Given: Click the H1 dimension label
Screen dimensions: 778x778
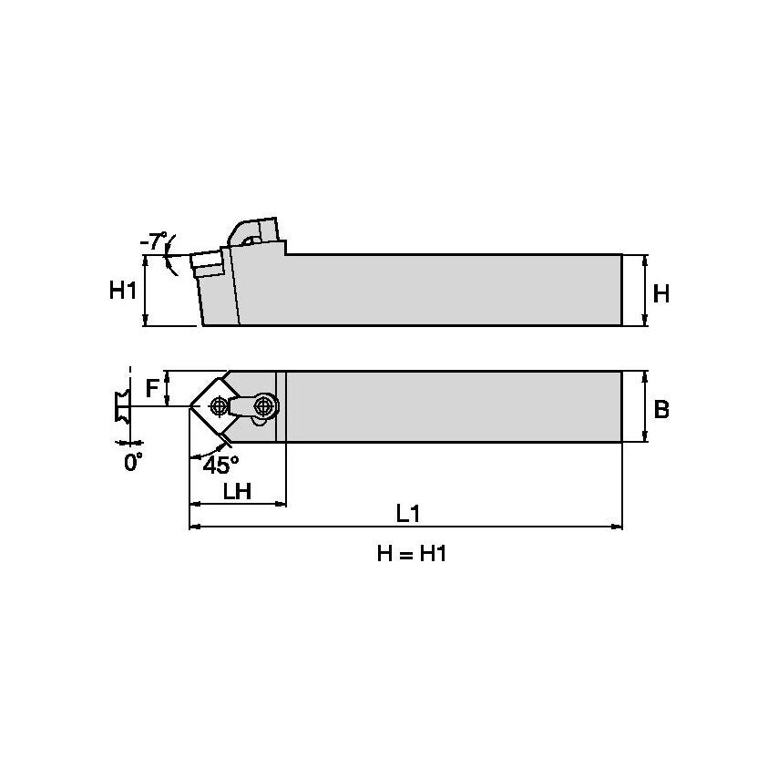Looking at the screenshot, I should point(123,291).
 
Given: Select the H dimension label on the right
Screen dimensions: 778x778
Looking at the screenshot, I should point(661,293).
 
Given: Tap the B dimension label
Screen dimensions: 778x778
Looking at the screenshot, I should point(661,409).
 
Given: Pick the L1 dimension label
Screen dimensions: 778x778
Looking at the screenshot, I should point(407,514).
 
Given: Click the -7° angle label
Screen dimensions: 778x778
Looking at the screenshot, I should point(154,242).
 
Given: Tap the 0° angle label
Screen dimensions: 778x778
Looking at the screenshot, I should point(134,463).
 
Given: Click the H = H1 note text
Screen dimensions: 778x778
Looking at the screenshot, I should point(412,554).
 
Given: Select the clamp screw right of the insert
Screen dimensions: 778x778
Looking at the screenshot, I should point(264,404).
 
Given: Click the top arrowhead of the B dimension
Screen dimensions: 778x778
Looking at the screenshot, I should point(645,376).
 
